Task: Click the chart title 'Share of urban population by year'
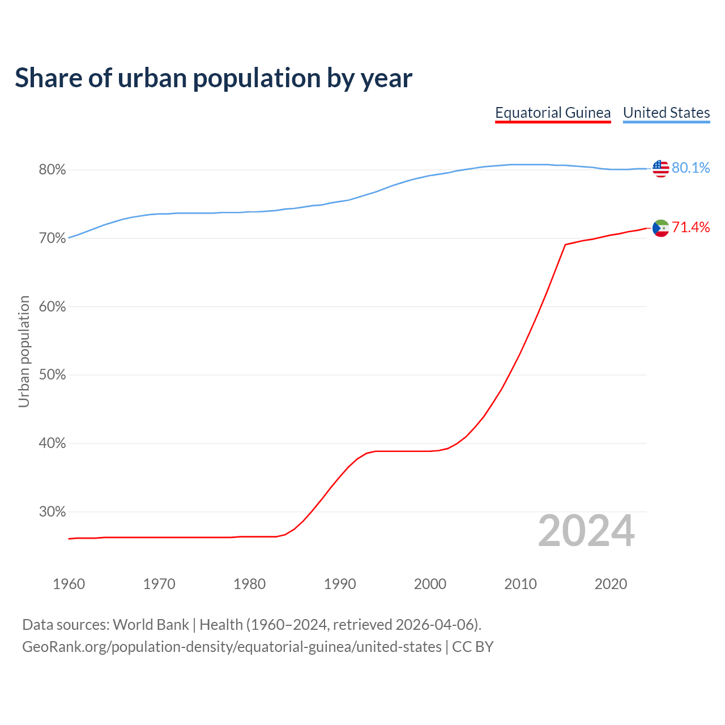tap(214, 78)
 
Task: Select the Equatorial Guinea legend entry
tap(553, 113)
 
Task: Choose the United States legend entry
tap(666, 113)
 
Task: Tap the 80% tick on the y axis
tap(52, 170)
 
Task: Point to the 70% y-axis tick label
tap(52, 238)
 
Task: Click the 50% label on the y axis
tap(52, 375)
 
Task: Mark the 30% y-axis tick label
tap(52, 512)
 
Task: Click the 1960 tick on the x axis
tap(69, 584)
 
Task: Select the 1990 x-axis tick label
tap(340, 584)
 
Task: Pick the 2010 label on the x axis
tap(521, 584)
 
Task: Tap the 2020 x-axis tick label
tap(611, 584)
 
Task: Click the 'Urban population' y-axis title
tap(24, 351)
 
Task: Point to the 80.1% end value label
tap(690, 168)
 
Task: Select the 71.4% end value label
tap(690, 228)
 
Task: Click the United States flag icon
tap(660, 168)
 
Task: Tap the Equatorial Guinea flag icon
tap(660, 228)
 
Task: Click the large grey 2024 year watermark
tap(586, 531)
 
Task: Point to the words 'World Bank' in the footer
tap(151, 625)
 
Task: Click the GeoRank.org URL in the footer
tap(232, 647)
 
